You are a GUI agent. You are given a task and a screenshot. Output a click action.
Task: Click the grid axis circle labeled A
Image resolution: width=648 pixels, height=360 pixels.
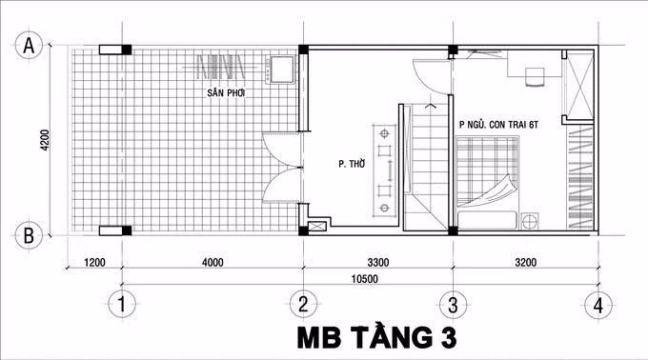(x=30, y=45)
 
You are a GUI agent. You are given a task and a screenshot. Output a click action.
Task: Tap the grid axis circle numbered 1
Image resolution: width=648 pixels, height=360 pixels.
(x=120, y=305)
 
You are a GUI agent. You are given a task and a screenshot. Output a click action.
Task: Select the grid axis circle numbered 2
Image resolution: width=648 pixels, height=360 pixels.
(x=303, y=305)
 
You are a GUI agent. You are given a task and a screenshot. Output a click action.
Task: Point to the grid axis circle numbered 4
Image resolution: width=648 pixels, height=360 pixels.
(x=597, y=305)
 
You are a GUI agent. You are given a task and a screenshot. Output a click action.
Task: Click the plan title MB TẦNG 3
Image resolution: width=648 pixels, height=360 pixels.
(x=377, y=338)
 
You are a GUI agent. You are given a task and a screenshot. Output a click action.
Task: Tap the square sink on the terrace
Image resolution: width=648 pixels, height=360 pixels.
(x=282, y=69)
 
